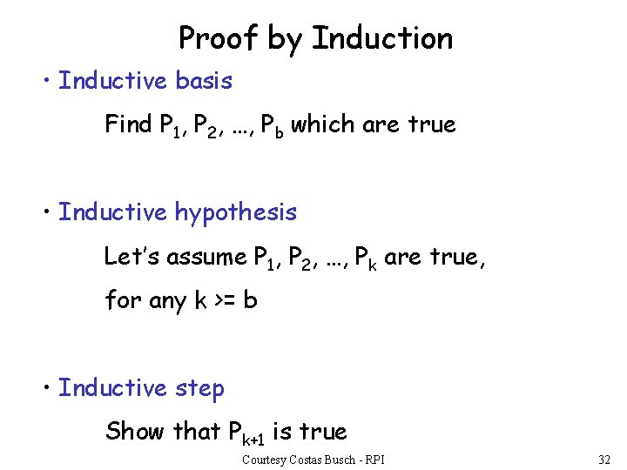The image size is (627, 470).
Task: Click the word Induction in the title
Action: tap(382, 38)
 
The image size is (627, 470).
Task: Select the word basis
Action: tap(204, 81)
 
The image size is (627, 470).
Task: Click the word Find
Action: tap(129, 124)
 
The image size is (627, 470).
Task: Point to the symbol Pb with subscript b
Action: tap(273, 126)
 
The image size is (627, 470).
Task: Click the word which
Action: tap(323, 124)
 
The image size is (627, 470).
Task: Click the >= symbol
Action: tap(224, 301)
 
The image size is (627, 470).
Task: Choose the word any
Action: tap(168, 302)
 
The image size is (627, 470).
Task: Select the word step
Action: tap(199, 389)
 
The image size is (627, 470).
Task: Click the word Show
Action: tap(133, 431)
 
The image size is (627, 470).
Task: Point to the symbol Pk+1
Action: tap(246, 433)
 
